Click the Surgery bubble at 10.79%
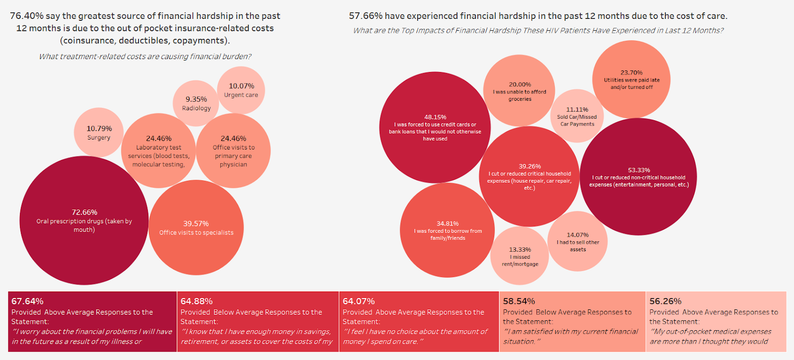tap(98, 133)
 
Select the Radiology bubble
tap(196, 103)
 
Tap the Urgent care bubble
tap(241, 90)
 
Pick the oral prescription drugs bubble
tap(84, 220)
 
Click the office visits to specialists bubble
tap(196, 227)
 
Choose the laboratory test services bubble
tap(158, 150)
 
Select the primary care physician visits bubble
tap(233, 150)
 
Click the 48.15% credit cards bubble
tap(435, 128)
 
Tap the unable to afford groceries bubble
tap(520, 91)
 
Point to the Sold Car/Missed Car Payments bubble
tap(577, 116)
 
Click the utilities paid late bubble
tap(631, 79)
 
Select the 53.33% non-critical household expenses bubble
tap(639, 177)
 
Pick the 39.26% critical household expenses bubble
tap(529, 177)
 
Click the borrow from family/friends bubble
tap(447, 230)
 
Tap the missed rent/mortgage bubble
tap(520, 256)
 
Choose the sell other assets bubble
tap(578, 241)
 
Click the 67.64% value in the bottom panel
tap(27, 301)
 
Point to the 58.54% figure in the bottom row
tap(519, 301)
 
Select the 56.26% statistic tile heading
tap(665, 301)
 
